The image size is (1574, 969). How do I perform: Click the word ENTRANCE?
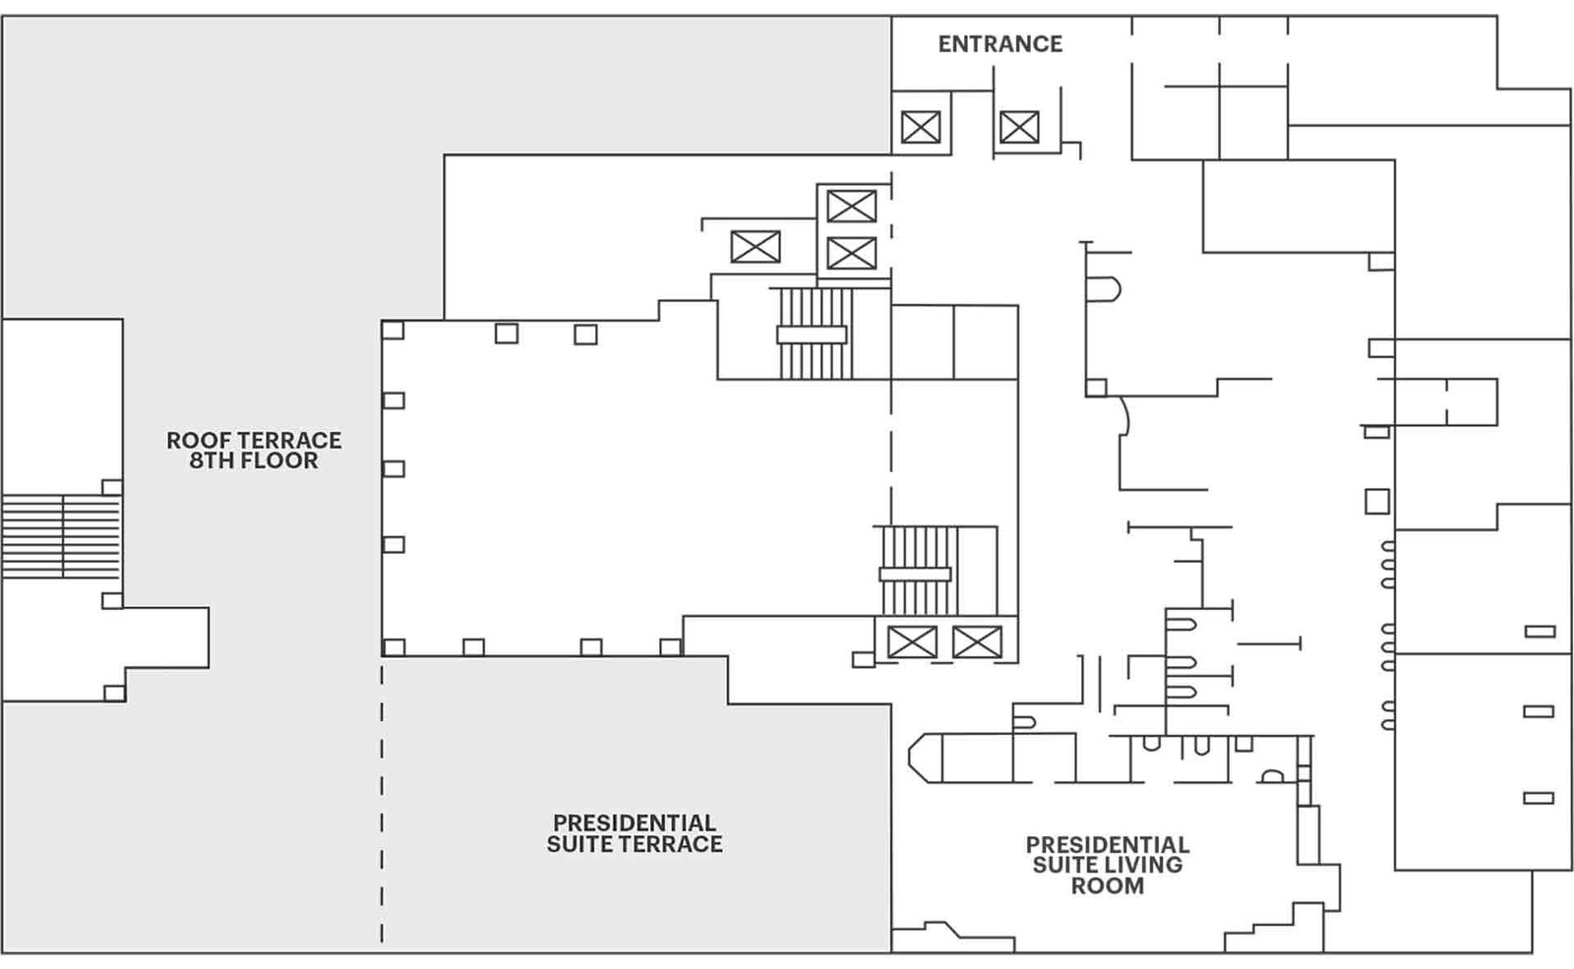pyautogui.click(x=999, y=44)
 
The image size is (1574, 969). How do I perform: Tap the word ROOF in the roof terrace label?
pyautogui.click(x=192, y=441)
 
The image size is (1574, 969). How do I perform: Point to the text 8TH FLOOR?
pyautogui.click(x=254, y=461)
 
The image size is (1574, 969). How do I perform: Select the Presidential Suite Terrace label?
pyautogui.click(x=635, y=833)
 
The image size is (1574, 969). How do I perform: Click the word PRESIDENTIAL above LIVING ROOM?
pyautogui.click(x=1108, y=844)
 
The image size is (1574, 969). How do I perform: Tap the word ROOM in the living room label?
pyautogui.click(x=1108, y=885)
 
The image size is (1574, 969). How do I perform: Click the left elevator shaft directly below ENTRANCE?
pyautogui.click(x=921, y=127)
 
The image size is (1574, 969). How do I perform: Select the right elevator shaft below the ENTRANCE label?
pyautogui.click(x=1019, y=127)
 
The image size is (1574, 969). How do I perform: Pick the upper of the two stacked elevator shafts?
pyautogui.click(x=852, y=207)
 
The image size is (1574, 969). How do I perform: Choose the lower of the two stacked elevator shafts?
pyautogui.click(x=852, y=253)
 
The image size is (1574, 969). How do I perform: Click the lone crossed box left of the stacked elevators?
pyautogui.click(x=756, y=247)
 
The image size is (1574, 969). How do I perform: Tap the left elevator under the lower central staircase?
pyautogui.click(x=912, y=641)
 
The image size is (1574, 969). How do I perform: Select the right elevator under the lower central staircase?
pyautogui.click(x=977, y=641)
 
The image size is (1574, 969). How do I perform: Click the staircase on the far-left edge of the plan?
pyautogui.click(x=61, y=537)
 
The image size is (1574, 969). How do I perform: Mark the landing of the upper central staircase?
pyautogui.click(x=812, y=334)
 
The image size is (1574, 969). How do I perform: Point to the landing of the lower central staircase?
pyautogui.click(x=915, y=575)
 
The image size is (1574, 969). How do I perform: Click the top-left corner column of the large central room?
pyautogui.click(x=393, y=330)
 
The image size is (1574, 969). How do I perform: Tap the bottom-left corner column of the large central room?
pyautogui.click(x=393, y=647)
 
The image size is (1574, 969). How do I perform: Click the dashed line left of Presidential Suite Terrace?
pyautogui.click(x=383, y=800)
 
